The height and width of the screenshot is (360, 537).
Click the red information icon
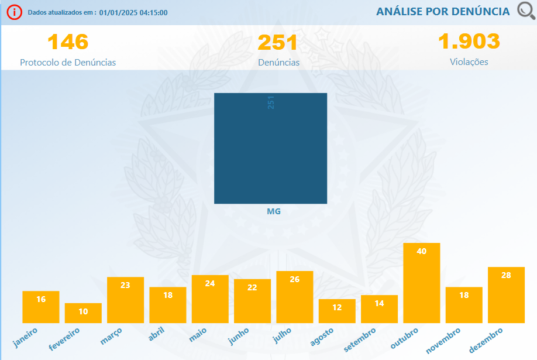click(15, 12)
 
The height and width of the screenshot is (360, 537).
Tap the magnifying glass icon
click(526, 11)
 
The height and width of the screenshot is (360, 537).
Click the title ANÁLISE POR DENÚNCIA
click(443, 12)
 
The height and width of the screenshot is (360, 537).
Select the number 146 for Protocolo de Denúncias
click(68, 42)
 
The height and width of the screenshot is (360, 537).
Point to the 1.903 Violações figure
click(469, 42)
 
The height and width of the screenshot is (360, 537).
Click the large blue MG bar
click(270, 148)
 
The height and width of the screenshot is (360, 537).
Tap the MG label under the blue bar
click(273, 211)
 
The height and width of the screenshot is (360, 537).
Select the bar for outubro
click(422, 283)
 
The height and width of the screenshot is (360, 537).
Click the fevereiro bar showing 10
click(83, 313)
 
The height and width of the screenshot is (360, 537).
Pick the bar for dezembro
click(506, 294)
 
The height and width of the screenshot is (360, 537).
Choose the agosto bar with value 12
click(337, 311)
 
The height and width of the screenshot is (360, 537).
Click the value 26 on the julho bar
click(295, 279)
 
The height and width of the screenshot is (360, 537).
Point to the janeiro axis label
click(26, 338)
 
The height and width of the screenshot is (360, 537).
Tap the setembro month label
click(360, 339)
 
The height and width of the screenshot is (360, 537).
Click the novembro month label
click(443, 340)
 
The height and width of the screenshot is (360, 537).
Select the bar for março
click(125, 300)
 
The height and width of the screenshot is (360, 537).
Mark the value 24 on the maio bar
click(210, 283)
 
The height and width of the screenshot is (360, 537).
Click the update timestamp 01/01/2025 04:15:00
click(134, 12)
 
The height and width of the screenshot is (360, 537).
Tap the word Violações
click(469, 61)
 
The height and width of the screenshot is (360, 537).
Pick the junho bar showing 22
click(252, 301)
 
